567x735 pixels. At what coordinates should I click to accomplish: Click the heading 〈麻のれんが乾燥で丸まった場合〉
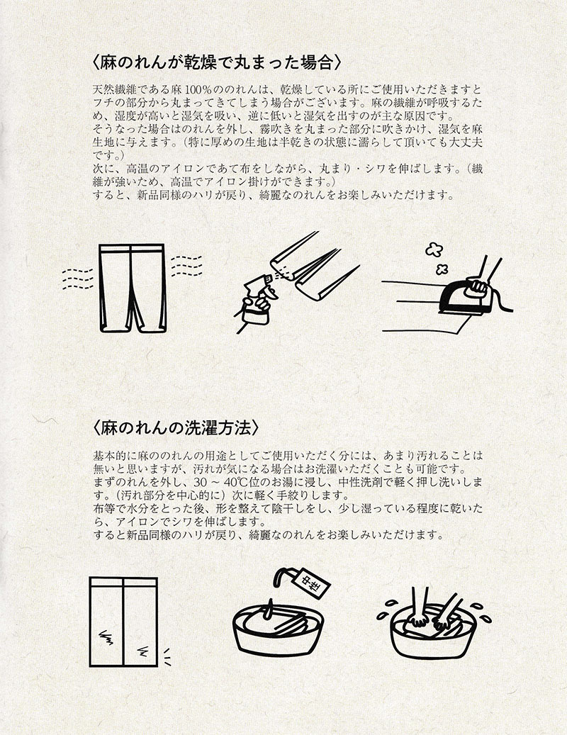click(x=216, y=63)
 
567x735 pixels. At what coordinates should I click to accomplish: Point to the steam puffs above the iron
click(x=437, y=258)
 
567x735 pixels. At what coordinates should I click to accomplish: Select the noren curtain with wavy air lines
click(x=133, y=288)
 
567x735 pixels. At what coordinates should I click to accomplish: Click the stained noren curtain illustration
click(x=124, y=622)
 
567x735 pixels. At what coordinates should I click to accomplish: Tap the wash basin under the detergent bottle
click(x=279, y=631)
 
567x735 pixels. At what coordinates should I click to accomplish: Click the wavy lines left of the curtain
click(x=78, y=279)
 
